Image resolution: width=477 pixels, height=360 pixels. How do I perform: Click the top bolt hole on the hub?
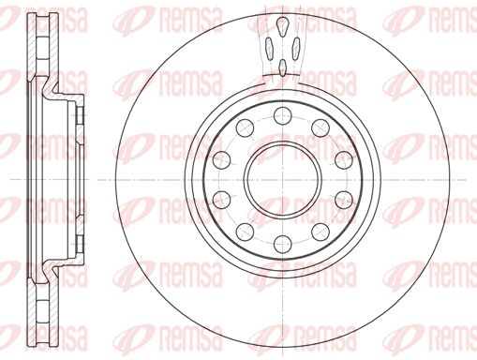coord(281,115)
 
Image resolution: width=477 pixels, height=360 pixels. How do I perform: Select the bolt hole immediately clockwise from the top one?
coord(319,127)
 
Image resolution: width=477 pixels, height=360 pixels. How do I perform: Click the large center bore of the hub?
coord(281,178)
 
